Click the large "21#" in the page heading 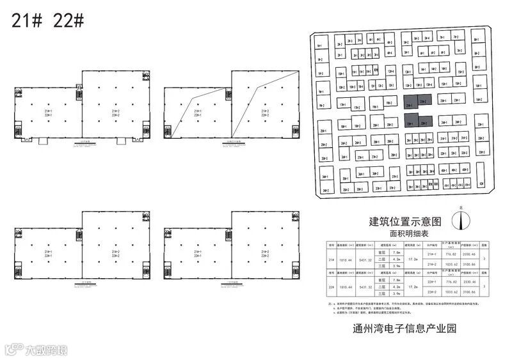pos(28,20)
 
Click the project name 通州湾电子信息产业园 pos(406,331)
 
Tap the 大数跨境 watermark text pos(45,349)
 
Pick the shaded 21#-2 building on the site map pos(424,101)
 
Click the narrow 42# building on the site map pos(481,184)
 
